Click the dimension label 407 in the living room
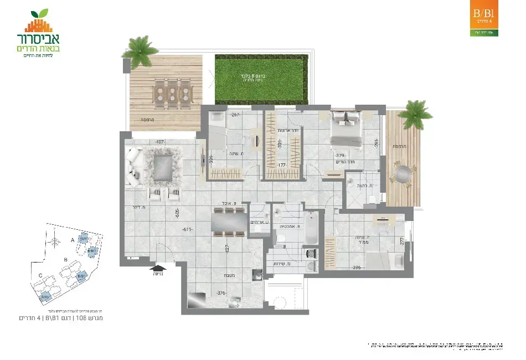click(x=161, y=142)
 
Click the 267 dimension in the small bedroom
click(x=234, y=115)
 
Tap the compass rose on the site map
click(x=55, y=241)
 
